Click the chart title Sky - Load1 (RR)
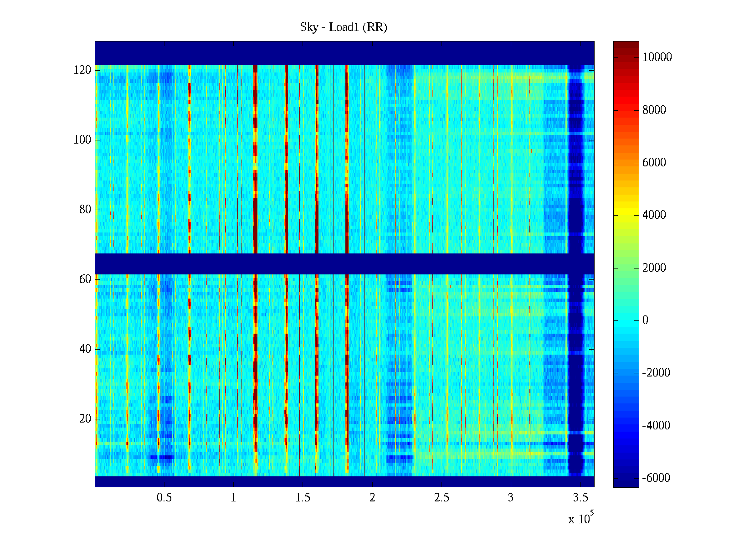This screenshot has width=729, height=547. point(344,27)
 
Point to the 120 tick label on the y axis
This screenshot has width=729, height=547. point(82,70)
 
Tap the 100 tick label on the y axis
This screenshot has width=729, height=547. point(82,140)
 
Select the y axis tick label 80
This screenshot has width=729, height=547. point(85,210)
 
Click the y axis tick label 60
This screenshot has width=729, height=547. point(85,279)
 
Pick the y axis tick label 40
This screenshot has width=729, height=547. point(85,349)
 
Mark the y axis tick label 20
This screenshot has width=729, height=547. point(85,419)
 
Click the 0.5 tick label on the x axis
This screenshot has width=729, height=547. point(164,498)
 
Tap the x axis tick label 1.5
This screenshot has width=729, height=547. point(303,498)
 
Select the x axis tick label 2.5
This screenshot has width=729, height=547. point(442,498)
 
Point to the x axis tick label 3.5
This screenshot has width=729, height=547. point(580,498)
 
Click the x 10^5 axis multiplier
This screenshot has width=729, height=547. point(580,519)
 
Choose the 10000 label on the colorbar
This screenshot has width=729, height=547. point(657,57)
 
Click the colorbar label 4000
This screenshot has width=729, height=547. point(654,215)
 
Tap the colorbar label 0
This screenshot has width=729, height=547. point(645,320)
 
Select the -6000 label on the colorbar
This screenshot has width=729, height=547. point(656,478)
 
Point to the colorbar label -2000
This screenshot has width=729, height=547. point(656,373)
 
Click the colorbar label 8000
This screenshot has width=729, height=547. point(654,110)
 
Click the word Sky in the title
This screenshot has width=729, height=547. point(308,27)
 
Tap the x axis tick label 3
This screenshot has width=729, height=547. point(511,498)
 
